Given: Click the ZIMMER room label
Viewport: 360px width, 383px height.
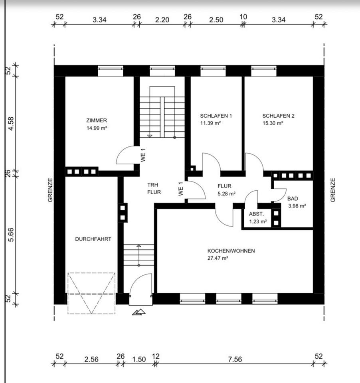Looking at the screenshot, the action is [x=97, y=120].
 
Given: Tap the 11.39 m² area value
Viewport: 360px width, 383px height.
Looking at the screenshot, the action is [x=210, y=123].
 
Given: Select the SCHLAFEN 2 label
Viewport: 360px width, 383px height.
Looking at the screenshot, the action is [x=278, y=116].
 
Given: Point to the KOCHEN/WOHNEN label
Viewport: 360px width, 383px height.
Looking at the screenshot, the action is [x=231, y=251].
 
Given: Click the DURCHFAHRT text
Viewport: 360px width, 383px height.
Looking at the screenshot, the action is [x=93, y=239].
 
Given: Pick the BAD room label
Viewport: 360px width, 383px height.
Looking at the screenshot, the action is [x=293, y=199].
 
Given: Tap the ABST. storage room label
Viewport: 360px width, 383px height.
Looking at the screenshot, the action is [x=256, y=214].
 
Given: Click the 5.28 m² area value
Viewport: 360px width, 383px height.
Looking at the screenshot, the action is [x=227, y=194].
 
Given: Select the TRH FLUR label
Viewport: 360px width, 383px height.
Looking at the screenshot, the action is [x=154, y=189].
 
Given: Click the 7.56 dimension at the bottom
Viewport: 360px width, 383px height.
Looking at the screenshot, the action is [x=235, y=359].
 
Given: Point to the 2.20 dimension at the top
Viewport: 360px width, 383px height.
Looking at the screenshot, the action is [x=162, y=20].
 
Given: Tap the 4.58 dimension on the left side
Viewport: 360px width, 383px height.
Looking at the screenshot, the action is [x=11, y=124].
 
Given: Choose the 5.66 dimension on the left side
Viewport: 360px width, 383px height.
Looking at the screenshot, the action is [x=11, y=235].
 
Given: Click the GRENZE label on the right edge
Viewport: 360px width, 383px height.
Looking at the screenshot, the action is [x=333, y=190].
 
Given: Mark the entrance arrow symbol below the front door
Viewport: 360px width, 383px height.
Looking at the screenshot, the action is [x=139, y=312].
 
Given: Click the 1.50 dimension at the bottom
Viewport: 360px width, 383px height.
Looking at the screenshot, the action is [x=139, y=359].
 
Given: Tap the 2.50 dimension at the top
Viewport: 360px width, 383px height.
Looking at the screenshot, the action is [x=216, y=20].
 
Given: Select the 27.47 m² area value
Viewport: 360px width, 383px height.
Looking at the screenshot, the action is [x=218, y=258].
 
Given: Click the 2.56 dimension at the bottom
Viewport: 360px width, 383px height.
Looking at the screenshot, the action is [x=91, y=359].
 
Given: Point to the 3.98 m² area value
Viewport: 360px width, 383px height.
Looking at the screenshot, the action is [x=297, y=206].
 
